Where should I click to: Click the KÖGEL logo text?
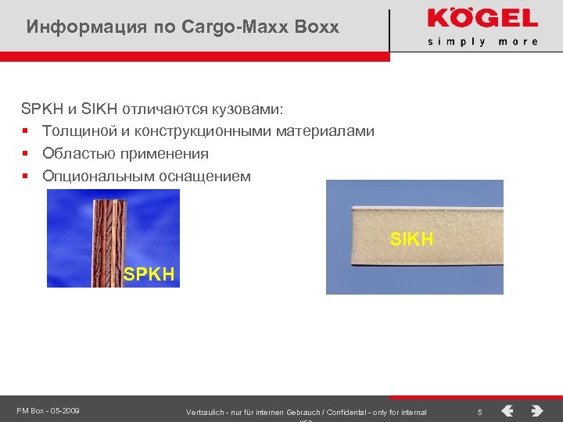(482, 19)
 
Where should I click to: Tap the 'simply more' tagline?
(482, 41)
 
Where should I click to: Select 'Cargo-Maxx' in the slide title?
(224, 27)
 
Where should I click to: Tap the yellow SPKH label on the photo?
(149, 274)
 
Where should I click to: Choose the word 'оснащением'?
(205, 176)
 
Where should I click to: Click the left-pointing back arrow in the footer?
(507, 410)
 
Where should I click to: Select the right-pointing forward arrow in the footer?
(536, 410)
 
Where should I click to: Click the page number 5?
(480, 411)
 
